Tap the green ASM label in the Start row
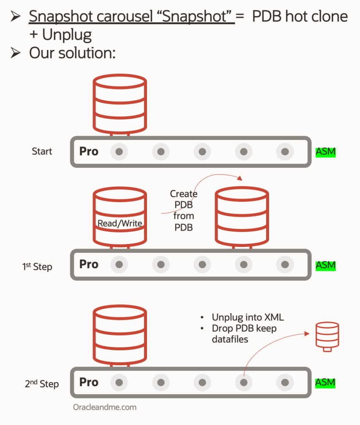(x=326, y=152)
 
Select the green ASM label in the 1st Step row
(x=326, y=265)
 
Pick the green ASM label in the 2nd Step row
(x=326, y=382)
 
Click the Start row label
(x=42, y=151)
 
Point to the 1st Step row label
(x=37, y=266)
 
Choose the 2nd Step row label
(x=42, y=384)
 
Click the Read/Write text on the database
(x=120, y=223)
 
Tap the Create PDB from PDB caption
(x=184, y=210)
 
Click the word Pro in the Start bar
(x=89, y=151)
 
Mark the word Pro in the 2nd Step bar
(x=89, y=382)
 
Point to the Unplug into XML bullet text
(x=247, y=318)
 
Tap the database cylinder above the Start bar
(x=120, y=102)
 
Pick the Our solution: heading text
(x=72, y=53)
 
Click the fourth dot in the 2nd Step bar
(x=244, y=382)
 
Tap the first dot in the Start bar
(x=119, y=152)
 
